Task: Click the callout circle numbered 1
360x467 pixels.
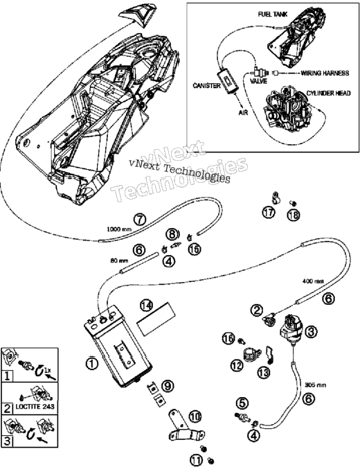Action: click(92, 363)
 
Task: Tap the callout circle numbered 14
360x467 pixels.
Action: click(146, 305)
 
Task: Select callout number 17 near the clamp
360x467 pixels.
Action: click(269, 213)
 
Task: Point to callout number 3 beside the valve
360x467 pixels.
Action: click(311, 331)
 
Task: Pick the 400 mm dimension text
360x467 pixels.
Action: click(314, 281)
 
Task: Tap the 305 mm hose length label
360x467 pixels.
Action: click(316, 385)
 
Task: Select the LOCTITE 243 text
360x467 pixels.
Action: click(35, 406)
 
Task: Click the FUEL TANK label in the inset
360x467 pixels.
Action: click(273, 14)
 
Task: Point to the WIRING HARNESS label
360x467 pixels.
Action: click(325, 73)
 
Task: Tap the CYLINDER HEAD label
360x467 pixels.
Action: click(328, 94)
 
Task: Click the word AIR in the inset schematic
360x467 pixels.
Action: click(243, 112)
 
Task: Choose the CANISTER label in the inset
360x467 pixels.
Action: click(207, 85)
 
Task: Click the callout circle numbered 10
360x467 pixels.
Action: click(195, 416)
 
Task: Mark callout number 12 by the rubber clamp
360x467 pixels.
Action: click(237, 365)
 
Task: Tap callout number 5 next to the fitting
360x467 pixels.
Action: click(242, 403)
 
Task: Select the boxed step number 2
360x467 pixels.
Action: click(7, 408)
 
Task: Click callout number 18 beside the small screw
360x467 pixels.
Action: click(294, 215)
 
